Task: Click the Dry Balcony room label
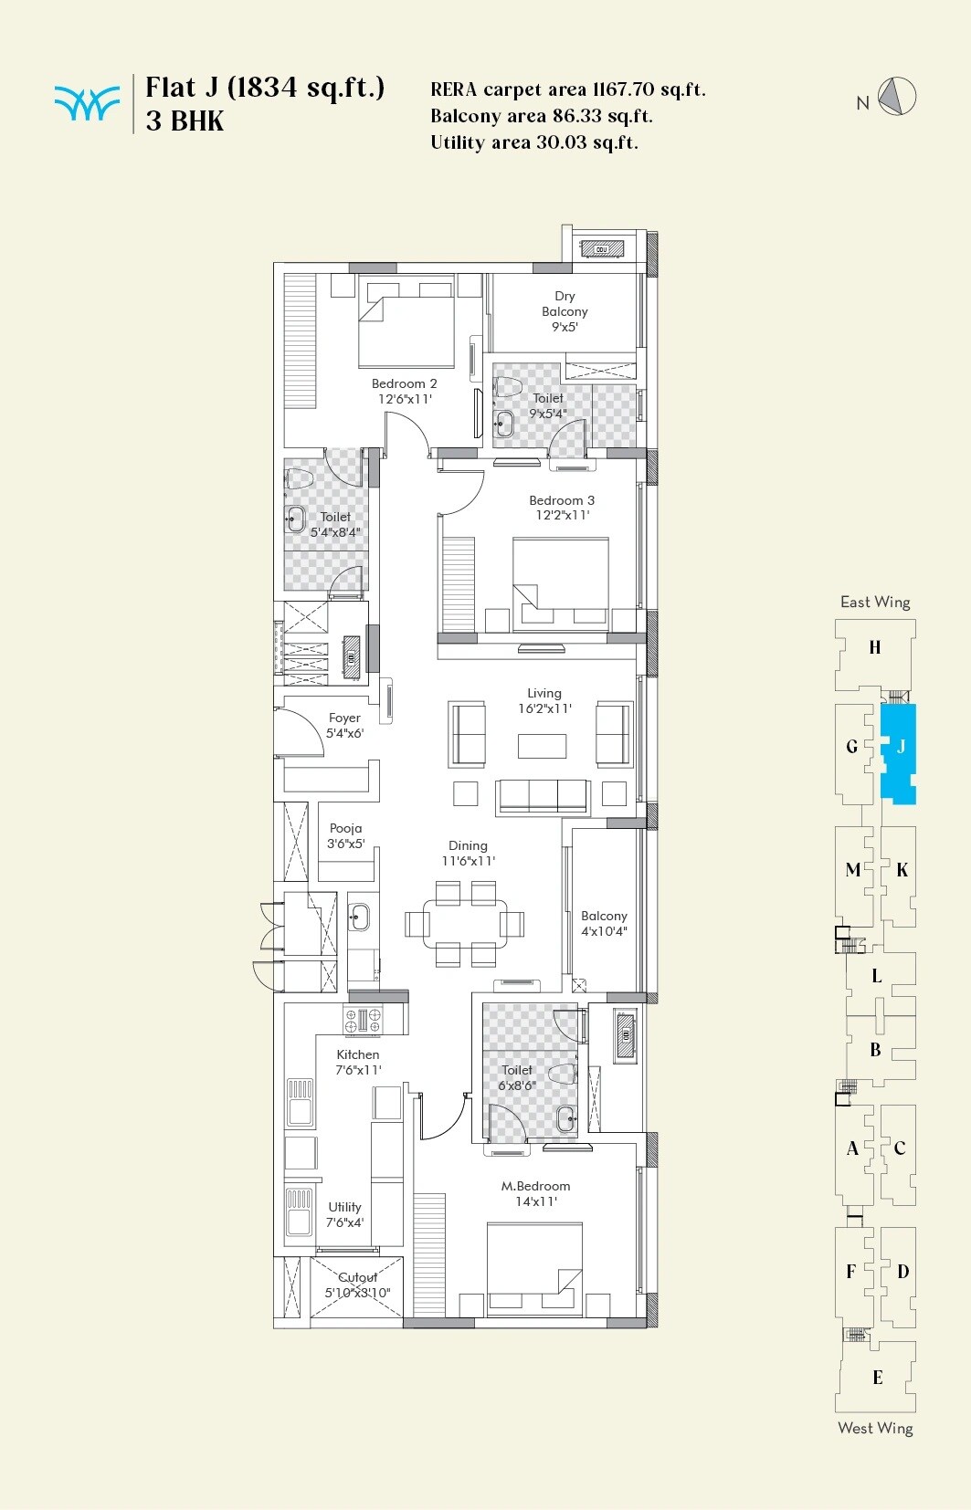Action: click(x=565, y=304)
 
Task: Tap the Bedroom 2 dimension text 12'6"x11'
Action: click(x=405, y=399)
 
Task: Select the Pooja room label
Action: click(x=346, y=828)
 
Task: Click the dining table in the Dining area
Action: click(x=465, y=924)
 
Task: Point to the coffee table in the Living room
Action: click(x=542, y=746)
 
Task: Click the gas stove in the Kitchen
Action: click(x=363, y=1020)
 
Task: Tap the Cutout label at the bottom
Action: click(x=358, y=1277)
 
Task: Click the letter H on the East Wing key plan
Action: click(x=875, y=647)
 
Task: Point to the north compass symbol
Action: click(x=897, y=97)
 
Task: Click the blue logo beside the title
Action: click(x=87, y=103)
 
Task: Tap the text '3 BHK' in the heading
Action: click(x=185, y=121)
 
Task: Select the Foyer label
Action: click(x=344, y=718)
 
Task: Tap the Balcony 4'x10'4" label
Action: click(x=604, y=923)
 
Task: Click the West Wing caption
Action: click(x=875, y=1428)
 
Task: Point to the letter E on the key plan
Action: click(x=877, y=1378)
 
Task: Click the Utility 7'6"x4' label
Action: click(x=345, y=1214)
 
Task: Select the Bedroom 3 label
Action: click(x=562, y=500)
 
